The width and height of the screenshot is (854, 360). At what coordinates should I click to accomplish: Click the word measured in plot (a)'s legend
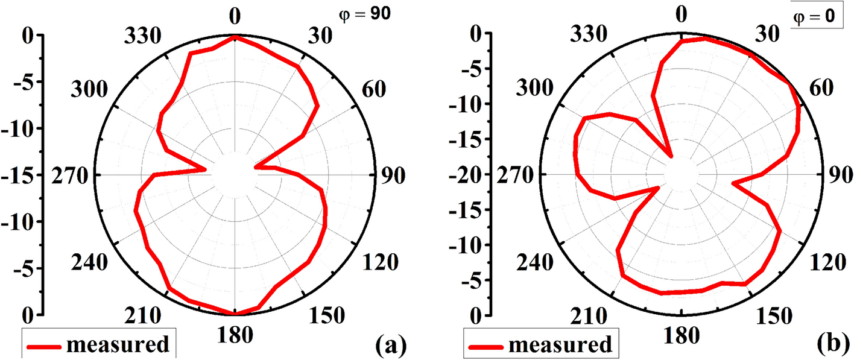coord(118,344)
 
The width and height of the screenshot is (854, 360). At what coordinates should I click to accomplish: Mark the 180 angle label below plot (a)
coord(235,335)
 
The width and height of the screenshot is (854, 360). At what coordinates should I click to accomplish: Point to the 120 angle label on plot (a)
coord(381,262)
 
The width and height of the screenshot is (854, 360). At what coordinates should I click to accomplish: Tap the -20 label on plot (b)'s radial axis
coord(471,175)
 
